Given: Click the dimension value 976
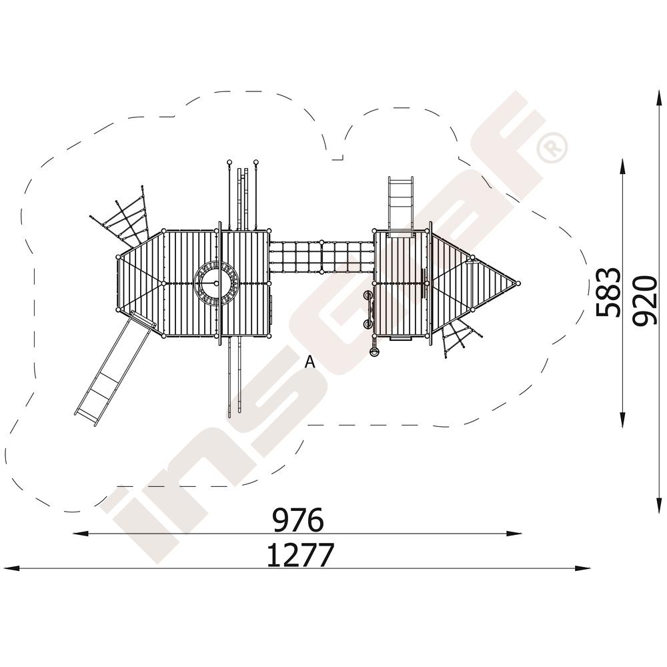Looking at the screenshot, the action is pos(298,520).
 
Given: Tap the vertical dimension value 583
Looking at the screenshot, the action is pos(607,292).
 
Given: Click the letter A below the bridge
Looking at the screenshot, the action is pos(310,362).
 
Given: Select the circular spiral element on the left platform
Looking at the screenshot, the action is pos(216,283).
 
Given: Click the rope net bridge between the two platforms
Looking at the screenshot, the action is pos(321,257).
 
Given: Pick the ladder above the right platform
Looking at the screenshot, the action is pos(400,205).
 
